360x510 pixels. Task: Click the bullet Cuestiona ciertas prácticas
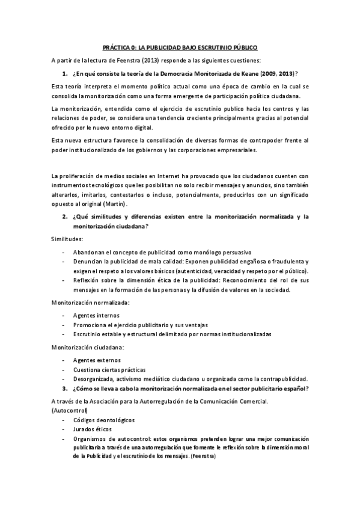tap(109, 369)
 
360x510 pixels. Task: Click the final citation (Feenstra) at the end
tap(201, 457)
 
